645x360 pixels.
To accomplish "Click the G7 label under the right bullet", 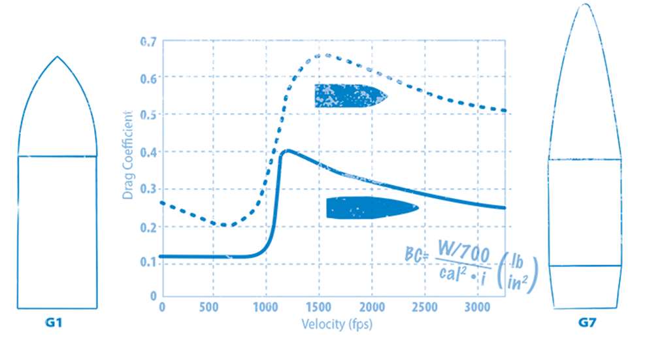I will (x=586, y=322).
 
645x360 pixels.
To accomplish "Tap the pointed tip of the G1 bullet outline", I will (x=58, y=57).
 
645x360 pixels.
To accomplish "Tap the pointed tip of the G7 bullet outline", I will (x=585, y=5).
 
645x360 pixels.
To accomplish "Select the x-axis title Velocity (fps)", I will (x=337, y=323).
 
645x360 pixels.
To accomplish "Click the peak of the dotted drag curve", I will (x=325, y=56).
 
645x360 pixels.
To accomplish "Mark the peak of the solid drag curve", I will (x=286, y=152).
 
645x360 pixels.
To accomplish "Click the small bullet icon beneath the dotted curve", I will (x=350, y=95).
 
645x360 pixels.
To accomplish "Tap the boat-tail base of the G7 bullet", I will (x=585, y=287).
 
